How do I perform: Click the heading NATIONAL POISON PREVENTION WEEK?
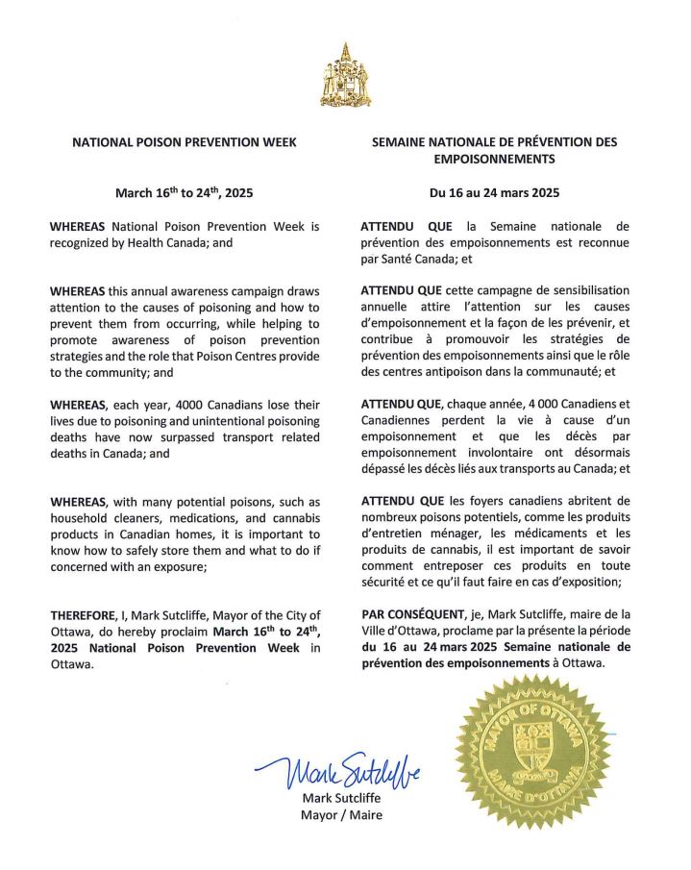coord(185,142)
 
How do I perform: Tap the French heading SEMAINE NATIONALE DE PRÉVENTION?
coord(494,142)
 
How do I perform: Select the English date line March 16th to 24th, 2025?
coord(185,192)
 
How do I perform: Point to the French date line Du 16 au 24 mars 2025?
coord(494,192)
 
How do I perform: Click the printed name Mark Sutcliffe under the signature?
coord(341,798)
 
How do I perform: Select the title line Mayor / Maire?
coord(341,815)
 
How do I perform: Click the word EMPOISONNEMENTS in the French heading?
coord(494,159)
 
